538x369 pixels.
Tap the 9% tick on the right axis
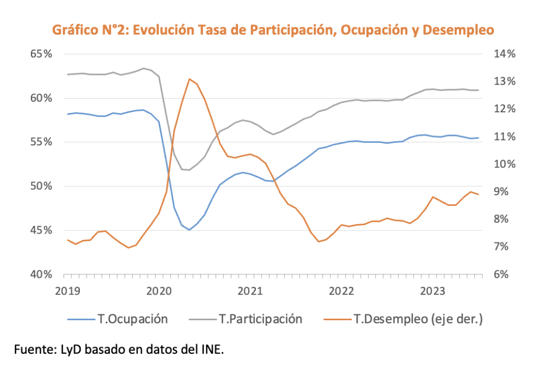click(502, 192)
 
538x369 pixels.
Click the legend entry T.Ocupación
click(132, 319)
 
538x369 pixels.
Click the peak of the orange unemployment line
click(189, 79)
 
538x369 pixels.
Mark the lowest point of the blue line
click(189, 230)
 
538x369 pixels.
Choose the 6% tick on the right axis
click(502, 275)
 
